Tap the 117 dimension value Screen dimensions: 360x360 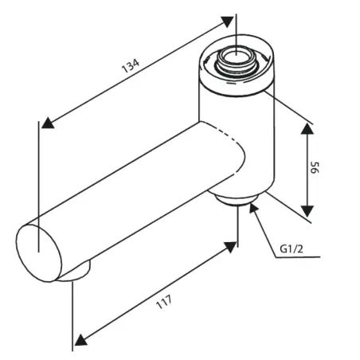[164, 302]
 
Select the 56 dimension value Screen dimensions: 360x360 [315, 167]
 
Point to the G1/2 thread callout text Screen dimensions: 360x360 [292, 249]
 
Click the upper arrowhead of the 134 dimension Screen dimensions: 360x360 [227, 22]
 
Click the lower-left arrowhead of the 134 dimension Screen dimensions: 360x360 [48, 123]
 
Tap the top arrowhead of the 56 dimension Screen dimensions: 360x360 [307, 129]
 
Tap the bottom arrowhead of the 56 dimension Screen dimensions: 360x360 [307, 211]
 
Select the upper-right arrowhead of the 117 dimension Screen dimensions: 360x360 [230, 247]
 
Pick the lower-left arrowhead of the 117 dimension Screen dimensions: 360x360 [80, 340]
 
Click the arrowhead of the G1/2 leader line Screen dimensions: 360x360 [253, 207]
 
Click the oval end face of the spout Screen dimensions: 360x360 [39, 253]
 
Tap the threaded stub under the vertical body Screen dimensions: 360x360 [237, 200]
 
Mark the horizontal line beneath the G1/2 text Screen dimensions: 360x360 [298, 257]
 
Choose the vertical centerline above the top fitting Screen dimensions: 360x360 [237, 34]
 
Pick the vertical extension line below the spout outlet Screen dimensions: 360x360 [72, 316]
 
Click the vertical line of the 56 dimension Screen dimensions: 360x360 [307, 170]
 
